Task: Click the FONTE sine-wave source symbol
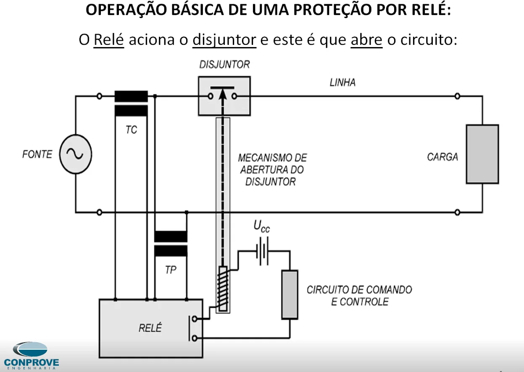click(x=76, y=154)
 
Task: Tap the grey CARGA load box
click(x=482, y=154)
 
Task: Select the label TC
click(x=131, y=130)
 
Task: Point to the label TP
click(x=171, y=270)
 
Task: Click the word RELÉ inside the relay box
click(x=150, y=327)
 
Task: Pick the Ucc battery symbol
click(x=262, y=251)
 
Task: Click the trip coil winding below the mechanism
click(x=223, y=289)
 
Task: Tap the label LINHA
click(x=342, y=82)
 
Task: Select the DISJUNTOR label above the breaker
click(x=224, y=65)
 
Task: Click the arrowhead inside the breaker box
click(x=223, y=94)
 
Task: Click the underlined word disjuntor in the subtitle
click(x=224, y=40)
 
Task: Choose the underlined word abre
click(x=366, y=40)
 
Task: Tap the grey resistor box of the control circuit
click(x=290, y=295)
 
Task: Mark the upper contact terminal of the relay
click(x=194, y=319)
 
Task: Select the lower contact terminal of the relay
click(x=194, y=338)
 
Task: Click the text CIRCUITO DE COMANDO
click(x=359, y=290)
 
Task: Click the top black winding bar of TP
click(x=171, y=236)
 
